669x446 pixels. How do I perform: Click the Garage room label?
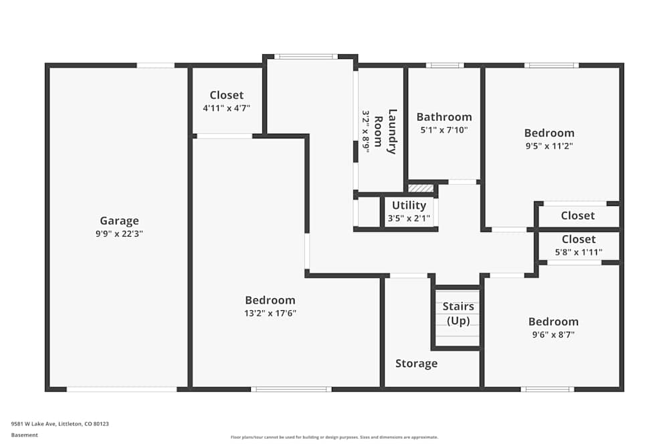[x=119, y=221]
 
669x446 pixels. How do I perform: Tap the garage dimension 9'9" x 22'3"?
[x=119, y=234]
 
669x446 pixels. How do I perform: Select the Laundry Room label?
[x=385, y=131]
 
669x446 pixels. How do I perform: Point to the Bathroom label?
[x=444, y=117]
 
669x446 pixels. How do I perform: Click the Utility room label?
[x=409, y=205]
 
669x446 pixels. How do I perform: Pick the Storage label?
[x=416, y=363]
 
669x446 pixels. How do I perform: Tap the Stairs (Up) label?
[x=458, y=313]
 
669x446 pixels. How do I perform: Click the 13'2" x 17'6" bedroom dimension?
[x=270, y=314]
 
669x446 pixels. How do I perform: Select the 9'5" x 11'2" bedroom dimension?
[x=549, y=146]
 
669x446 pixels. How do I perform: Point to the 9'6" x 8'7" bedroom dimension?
[x=553, y=334]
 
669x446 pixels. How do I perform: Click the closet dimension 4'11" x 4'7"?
[x=226, y=108]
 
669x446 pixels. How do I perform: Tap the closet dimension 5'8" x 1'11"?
[x=578, y=252]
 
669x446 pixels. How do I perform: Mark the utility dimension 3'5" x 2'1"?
[x=409, y=218]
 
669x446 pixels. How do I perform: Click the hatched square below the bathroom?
[x=421, y=189]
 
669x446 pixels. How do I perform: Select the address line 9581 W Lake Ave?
[x=60, y=423]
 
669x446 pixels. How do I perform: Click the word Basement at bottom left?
[x=25, y=435]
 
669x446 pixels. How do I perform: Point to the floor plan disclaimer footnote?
[x=334, y=437]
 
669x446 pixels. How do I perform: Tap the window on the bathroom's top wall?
[x=445, y=65]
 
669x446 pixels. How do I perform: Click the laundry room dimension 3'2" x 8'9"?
[x=366, y=132]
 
